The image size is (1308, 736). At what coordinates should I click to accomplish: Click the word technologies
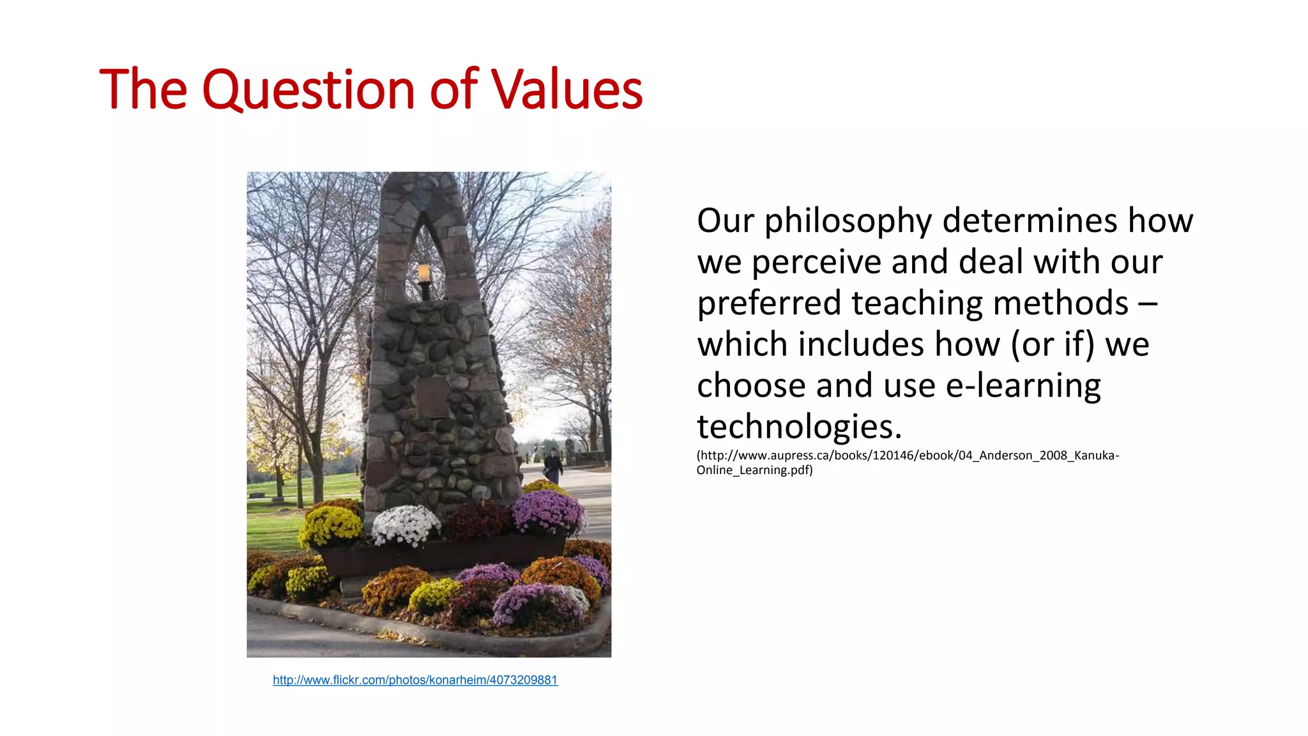coord(799,427)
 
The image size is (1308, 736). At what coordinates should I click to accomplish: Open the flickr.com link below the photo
coord(415,680)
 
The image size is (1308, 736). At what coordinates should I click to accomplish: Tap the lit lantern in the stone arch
coord(423,273)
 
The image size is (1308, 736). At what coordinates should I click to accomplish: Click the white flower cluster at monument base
coord(406,525)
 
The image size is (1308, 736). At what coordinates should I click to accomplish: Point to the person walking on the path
coord(554,465)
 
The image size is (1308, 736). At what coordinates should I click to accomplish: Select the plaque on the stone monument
coord(432,397)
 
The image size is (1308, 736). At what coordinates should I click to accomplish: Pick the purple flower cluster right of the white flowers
coord(548,512)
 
